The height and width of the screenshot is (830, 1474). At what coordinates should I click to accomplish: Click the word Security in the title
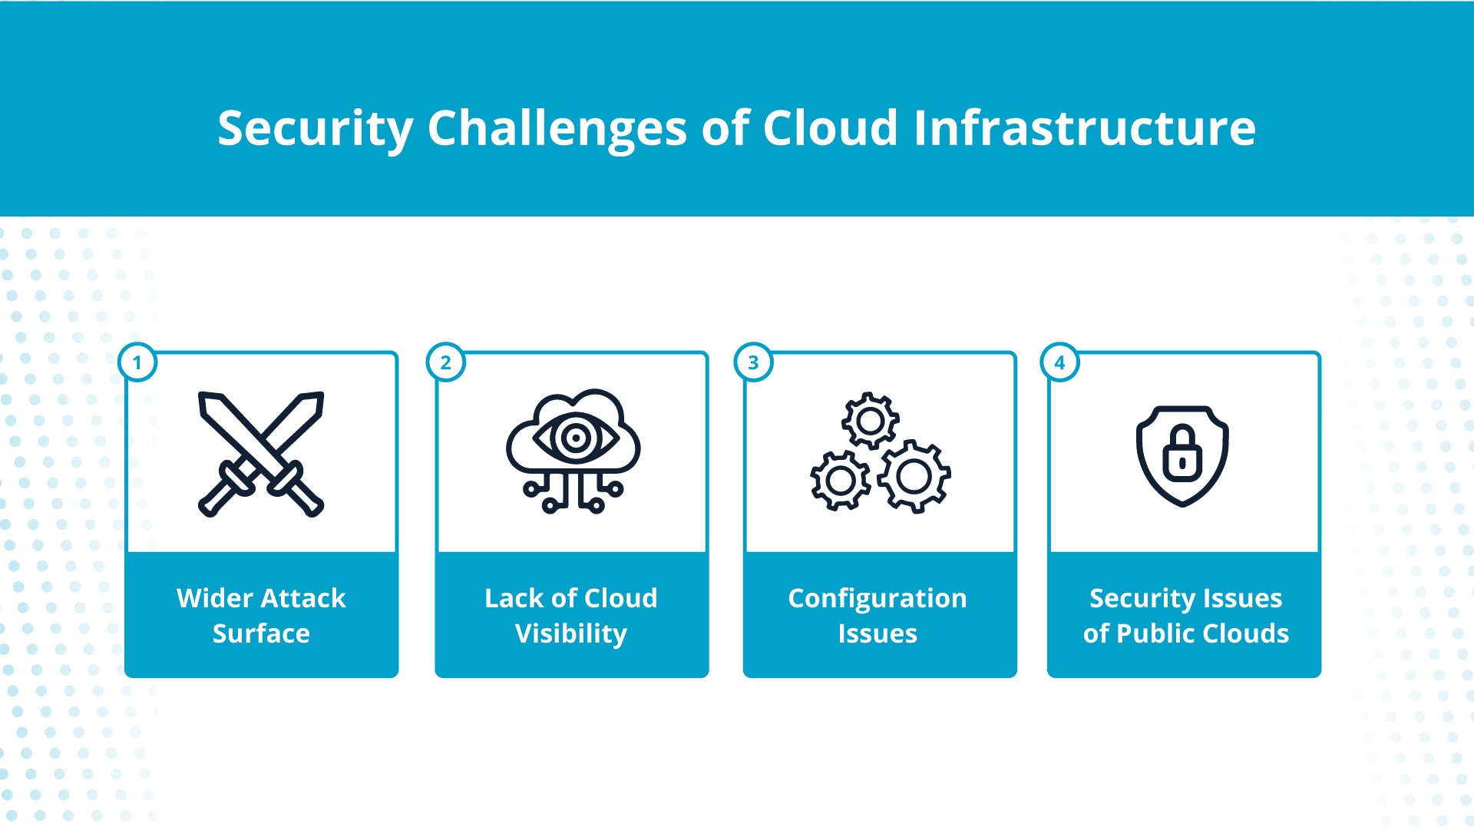316,128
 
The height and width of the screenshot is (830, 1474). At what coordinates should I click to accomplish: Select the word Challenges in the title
557,128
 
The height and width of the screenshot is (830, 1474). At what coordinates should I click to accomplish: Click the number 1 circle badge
138,362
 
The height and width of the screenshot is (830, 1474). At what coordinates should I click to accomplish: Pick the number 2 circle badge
446,362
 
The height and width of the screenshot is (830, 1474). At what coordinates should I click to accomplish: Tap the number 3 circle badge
753,362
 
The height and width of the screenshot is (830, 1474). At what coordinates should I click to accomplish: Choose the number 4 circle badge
1060,362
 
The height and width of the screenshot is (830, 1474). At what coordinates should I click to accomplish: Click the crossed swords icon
261,454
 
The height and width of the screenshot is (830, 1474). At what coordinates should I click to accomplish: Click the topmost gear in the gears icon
870,421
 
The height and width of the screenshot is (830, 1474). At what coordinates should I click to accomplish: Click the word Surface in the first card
261,633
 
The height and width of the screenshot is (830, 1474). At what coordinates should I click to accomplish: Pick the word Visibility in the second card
571,634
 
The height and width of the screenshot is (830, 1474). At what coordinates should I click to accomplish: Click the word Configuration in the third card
877,598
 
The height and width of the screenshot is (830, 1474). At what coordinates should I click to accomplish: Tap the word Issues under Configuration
877,633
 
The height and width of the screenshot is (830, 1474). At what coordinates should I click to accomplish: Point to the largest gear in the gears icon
914,477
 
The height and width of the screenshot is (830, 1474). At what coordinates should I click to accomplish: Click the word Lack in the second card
513,598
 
